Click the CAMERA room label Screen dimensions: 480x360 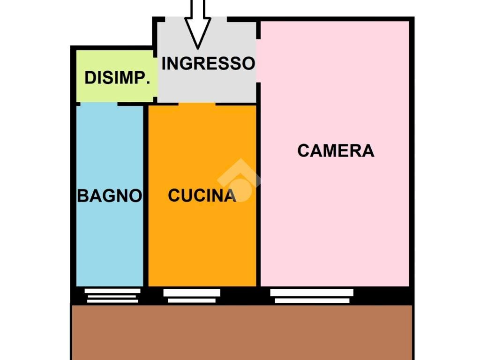point(336,150)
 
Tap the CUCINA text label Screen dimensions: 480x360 point(202,195)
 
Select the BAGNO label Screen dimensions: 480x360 point(110,195)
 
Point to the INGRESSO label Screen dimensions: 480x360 point(208,63)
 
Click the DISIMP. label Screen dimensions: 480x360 point(117,78)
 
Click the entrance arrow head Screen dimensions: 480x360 point(197,33)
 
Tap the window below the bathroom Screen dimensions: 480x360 point(112,295)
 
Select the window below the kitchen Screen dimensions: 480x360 point(192,296)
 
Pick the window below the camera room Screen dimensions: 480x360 point(312,296)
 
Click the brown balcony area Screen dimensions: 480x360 point(242,332)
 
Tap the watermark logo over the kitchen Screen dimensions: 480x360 point(239,180)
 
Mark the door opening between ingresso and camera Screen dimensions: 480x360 point(258,60)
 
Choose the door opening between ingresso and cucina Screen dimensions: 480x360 point(197,104)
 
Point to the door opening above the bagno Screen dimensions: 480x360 point(99,104)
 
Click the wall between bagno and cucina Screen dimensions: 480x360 point(146,196)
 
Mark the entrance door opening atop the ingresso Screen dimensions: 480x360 point(196,19)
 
